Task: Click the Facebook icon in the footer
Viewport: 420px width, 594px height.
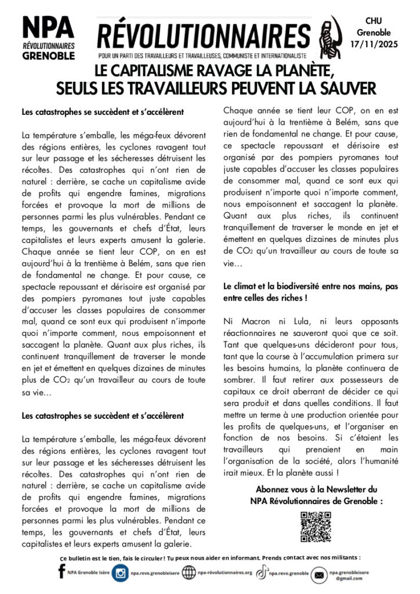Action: tap(61, 573)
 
